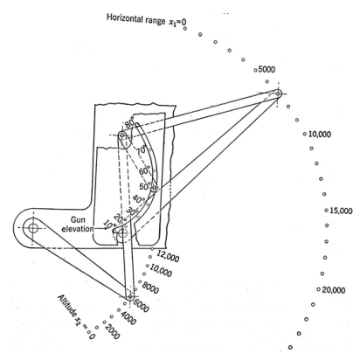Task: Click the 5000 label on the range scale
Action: (x=267, y=70)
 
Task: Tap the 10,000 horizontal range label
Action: (x=320, y=135)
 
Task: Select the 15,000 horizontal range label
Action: (x=341, y=211)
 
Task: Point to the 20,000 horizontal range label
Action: (x=334, y=290)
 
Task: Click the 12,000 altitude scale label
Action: (x=168, y=256)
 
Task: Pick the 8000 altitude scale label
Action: (x=150, y=287)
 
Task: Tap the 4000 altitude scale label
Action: (x=128, y=319)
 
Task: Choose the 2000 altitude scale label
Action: (x=112, y=332)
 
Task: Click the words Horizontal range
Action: (x=135, y=19)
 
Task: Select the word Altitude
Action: (x=67, y=306)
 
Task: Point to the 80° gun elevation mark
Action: (x=130, y=123)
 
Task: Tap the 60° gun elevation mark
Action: (x=144, y=171)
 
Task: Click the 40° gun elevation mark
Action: (x=139, y=199)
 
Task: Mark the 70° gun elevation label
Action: (x=142, y=150)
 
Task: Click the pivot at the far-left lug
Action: (x=32, y=228)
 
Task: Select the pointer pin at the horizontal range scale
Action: (x=278, y=93)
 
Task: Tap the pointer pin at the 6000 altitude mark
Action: (x=129, y=297)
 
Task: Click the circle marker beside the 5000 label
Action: (x=255, y=70)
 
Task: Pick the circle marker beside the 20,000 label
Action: (x=319, y=290)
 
